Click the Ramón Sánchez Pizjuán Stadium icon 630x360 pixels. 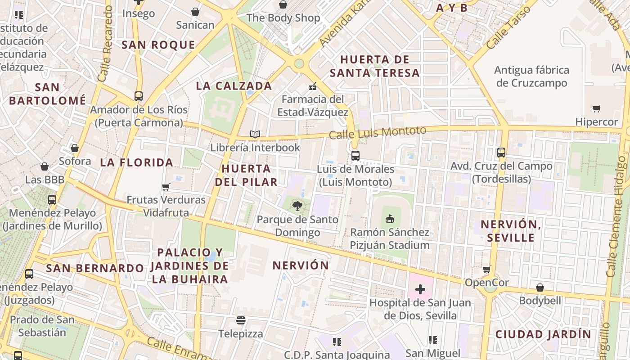coord(390,219)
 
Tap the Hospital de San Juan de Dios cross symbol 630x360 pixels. coord(420,289)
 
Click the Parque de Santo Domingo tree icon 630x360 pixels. coord(297,206)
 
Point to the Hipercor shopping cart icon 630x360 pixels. coord(597,108)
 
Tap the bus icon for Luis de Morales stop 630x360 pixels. coord(355,156)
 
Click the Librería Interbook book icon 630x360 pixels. coord(255,134)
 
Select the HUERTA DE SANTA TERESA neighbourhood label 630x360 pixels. coord(374,66)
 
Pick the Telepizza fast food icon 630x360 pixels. coord(241,320)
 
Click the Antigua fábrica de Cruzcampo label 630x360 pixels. coord(531,76)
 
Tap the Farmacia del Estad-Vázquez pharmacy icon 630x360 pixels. coord(312,86)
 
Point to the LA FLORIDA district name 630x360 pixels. coord(136,162)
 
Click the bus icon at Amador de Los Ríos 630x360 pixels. coord(139,96)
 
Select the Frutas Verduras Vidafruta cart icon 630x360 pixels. coord(166,187)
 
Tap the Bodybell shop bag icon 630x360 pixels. coord(540,287)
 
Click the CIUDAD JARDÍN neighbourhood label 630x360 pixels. coord(543,334)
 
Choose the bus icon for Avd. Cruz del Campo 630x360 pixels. coord(501,153)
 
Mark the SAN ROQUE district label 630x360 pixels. coord(158,45)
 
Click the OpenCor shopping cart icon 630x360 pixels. coord(486,270)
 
